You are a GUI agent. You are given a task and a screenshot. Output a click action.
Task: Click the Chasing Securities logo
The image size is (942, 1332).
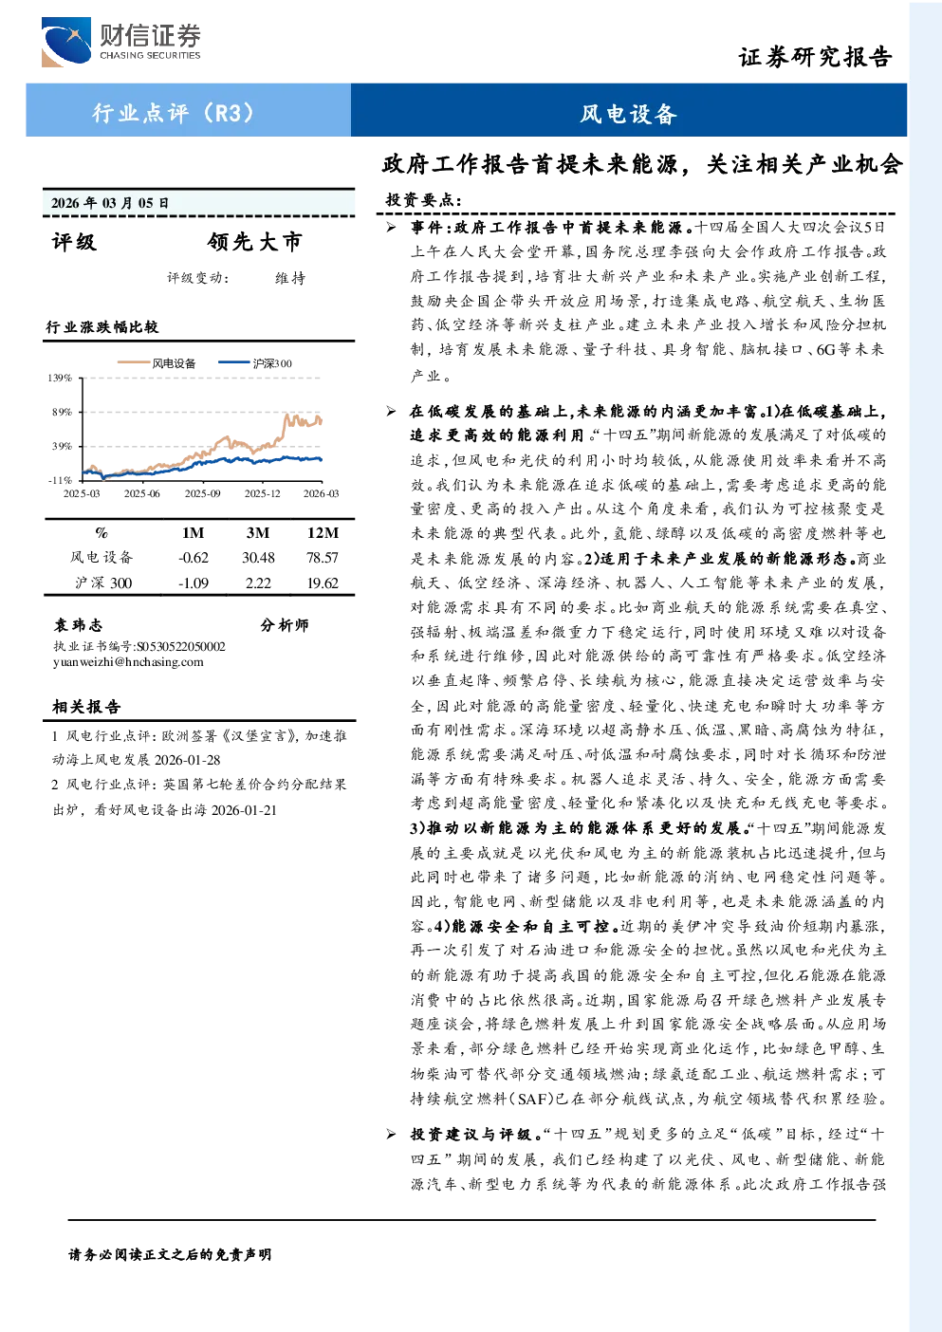point(120,42)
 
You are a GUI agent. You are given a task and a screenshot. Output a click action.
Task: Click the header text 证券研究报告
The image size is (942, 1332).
point(815,57)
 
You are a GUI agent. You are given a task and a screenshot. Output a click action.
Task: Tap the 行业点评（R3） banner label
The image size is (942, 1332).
point(174,112)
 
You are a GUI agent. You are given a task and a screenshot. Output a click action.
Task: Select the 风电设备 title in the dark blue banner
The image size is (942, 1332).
point(628,114)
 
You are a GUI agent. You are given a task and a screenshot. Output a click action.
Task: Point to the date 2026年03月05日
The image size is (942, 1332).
point(110,203)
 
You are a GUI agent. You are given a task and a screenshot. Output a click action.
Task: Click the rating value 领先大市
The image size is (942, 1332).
point(255,241)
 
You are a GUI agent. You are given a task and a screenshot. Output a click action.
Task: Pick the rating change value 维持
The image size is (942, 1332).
point(290,278)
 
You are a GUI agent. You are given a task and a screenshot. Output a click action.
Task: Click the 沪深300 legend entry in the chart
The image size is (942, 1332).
point(255,363)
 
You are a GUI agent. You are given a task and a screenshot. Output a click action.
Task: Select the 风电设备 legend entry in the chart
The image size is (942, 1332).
point(157,363)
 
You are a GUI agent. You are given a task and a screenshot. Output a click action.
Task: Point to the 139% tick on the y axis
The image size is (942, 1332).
point(60,378)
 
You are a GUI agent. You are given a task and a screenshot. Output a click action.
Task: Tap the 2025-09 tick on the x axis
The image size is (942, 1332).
point(202,493)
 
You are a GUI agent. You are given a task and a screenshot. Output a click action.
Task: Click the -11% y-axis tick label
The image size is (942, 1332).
point(60,480)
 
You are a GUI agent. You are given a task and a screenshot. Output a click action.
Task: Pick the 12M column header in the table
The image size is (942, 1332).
point(323,533)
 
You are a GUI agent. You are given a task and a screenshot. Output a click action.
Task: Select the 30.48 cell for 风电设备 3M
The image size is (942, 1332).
point(258,558)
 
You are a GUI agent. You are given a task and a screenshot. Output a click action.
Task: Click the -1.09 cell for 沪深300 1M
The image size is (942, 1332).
point(194,583)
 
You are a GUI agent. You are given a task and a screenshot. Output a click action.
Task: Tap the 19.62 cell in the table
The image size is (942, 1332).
point(323,583)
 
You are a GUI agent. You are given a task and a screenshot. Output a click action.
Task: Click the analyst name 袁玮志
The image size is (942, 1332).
point(78,625)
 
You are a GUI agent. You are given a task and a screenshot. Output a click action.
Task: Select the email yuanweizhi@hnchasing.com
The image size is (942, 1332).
point(128,662)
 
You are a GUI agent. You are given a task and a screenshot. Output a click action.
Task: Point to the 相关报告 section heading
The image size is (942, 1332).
point(86,707)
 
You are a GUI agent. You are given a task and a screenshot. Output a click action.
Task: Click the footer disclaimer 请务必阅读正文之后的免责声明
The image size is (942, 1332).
point(170,1255)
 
